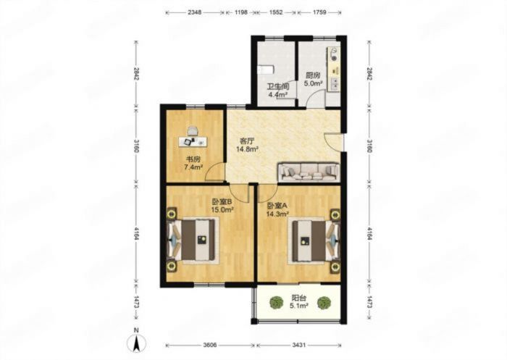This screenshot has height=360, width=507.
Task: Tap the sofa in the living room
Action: point(309,172)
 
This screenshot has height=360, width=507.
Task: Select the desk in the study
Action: point(193,141)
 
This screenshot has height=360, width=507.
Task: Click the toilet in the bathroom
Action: point(266,70)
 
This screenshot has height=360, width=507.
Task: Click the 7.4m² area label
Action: point(193,167)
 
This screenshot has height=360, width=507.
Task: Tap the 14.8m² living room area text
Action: point(247,149)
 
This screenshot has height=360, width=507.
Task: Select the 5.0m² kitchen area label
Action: point(313,83)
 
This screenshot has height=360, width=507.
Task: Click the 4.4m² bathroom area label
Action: point(278,95)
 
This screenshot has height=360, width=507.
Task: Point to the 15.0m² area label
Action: point(222,209)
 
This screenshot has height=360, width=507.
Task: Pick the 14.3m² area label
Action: point(277,214)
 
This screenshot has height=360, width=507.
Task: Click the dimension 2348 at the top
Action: point(194,12)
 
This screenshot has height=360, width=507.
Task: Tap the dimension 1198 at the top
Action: point(241,12)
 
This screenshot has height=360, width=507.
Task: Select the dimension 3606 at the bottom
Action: point(211,345)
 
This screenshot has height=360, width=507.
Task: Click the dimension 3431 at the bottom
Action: point(298,345)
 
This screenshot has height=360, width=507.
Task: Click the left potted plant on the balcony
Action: point(277,303)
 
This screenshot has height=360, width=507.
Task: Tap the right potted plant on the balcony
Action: point(324,303)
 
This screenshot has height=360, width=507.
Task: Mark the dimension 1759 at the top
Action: point(319,12)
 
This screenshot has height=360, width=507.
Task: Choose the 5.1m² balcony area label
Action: point(298,306)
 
